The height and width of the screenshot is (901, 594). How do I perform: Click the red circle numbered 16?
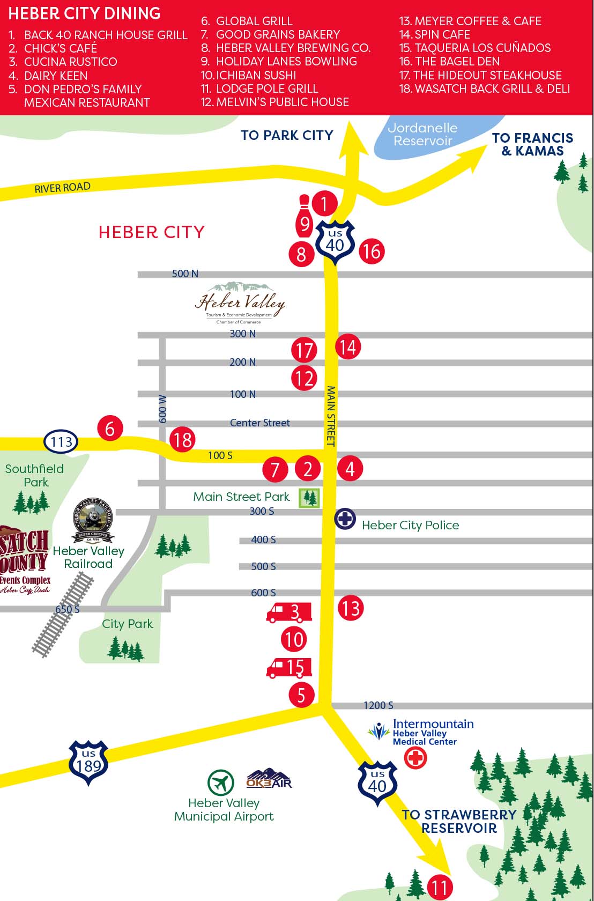[372, 251]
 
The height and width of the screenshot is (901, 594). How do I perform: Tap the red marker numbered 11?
[440, 887]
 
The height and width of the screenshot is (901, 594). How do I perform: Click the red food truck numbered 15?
[289, 667]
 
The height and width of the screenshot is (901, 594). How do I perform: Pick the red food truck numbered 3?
[289, 612]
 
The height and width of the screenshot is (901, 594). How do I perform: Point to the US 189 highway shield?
[88, 763]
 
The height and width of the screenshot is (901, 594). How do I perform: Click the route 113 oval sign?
[61, 442]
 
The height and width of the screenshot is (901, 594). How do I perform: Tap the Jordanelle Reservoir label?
[422, 135]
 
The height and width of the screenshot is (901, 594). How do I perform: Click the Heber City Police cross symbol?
[345, 519]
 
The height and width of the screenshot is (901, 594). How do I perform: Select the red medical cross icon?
[415, 758]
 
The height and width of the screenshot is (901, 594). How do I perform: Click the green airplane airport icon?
[221, 783]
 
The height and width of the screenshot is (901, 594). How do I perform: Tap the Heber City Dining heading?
[84, 13]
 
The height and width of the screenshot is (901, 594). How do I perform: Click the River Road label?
[63, 188]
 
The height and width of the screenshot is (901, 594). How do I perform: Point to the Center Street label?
[259, 423]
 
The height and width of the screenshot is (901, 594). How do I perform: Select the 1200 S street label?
[378, 705]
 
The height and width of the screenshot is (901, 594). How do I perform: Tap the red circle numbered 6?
[110, 429]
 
